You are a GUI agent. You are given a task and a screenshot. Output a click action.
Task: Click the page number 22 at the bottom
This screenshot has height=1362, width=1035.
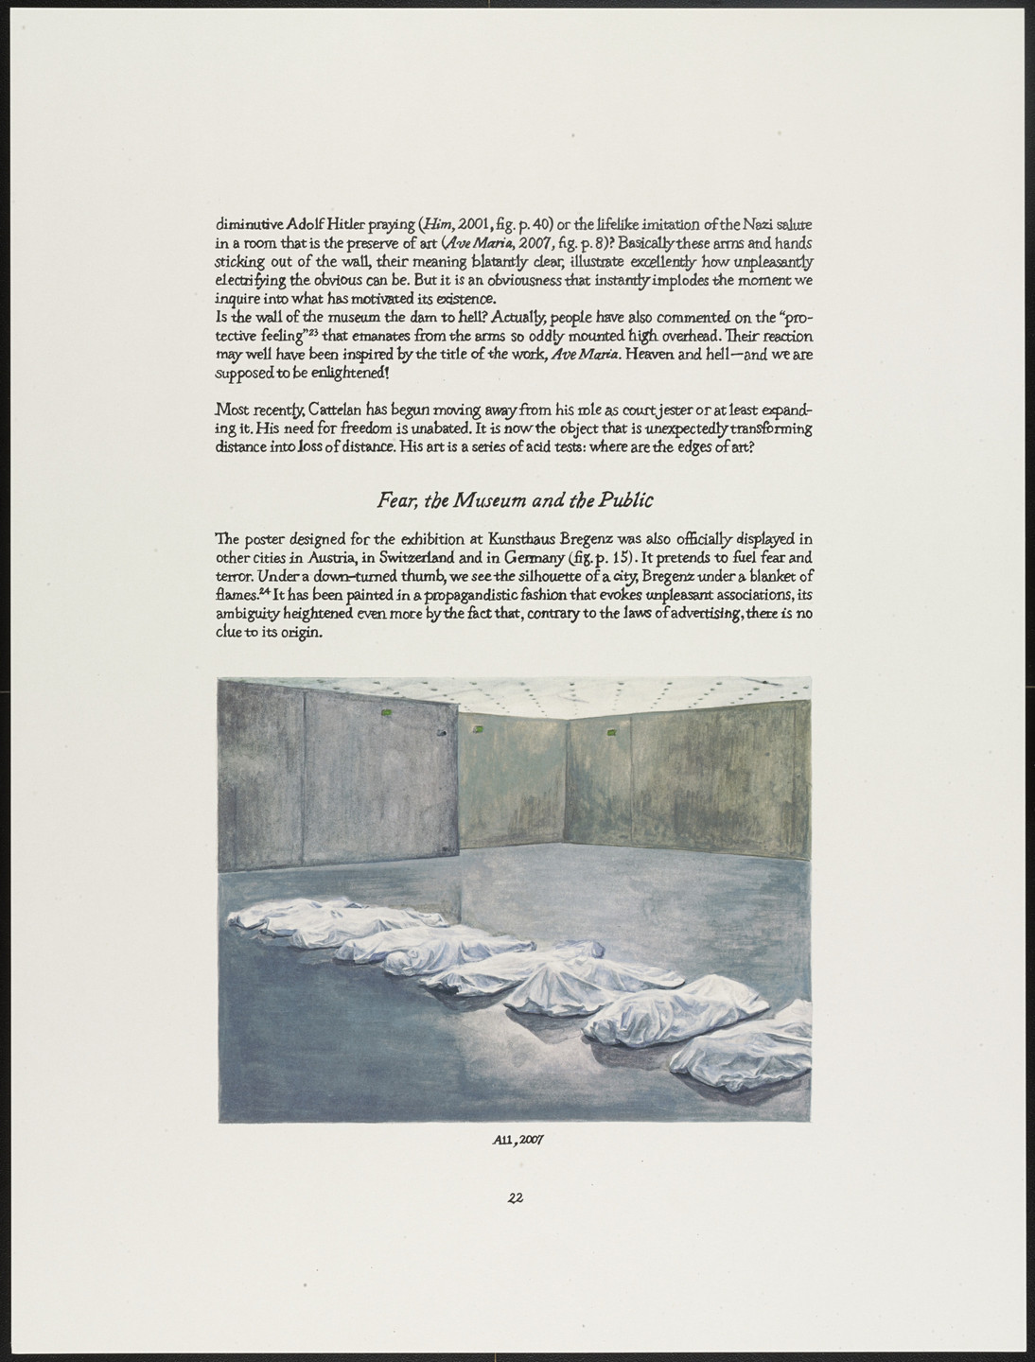[516, 1196]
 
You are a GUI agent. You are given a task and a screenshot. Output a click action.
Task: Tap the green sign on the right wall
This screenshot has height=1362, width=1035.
[610, 730]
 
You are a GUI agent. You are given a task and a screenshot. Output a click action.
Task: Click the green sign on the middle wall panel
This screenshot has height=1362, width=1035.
[479, 727]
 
